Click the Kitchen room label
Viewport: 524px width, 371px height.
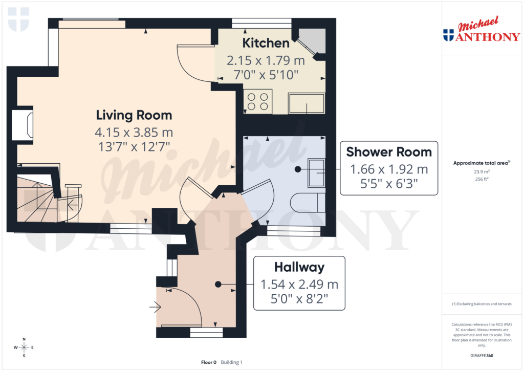(x=266, y=43)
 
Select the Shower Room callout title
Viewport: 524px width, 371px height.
(x=389, y=152)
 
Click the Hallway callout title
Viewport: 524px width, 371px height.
(x=299, y=267)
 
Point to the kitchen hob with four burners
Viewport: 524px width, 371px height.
(x=257, y=101)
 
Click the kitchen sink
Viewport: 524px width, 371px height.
(x=306, y=103)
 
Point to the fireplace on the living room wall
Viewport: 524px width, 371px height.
(x=25, y=124)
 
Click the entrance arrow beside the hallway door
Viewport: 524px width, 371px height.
(x=155, y=308)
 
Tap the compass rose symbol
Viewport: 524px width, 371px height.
(x=24, y=348)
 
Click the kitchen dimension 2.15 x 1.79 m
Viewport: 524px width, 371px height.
(x=266, y=61)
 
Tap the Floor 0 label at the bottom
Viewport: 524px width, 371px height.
(x=209, y=362)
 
